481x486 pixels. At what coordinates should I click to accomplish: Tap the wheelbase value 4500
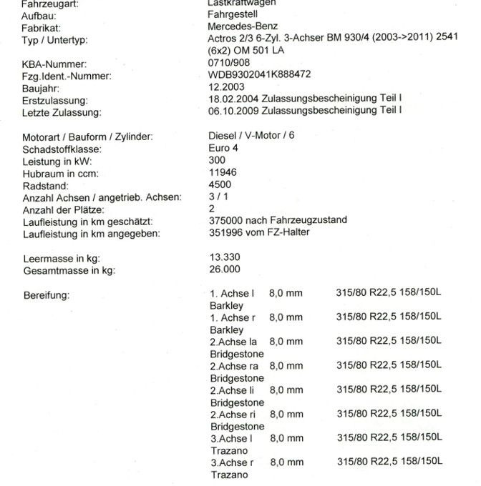[x=218, y=184]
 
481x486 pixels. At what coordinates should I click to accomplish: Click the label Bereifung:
[x=46, y=294]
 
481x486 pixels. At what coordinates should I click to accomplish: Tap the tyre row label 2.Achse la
[x=233, y=342]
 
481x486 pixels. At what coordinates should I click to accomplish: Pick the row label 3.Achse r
[x=232, y=462]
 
